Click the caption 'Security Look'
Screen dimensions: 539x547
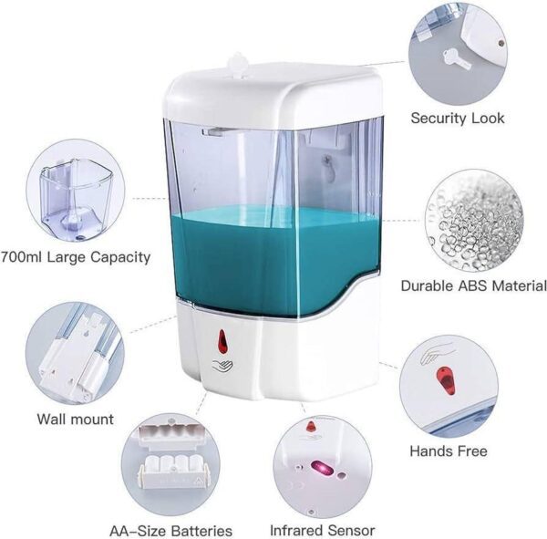click(x=457, y=119)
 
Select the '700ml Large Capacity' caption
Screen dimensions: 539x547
click(x=77, y=257)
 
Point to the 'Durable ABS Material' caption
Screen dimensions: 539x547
click(x=473, y=285)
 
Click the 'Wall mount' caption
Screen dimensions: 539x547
click(x=75, y=420)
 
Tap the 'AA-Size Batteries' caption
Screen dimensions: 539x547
click(x=170, y=531)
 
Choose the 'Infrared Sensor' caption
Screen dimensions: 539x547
click(x=322, y=530)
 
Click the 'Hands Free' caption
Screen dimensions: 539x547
click(x=448, y=451)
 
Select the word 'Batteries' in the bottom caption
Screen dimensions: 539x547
click(x=200, y=531)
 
